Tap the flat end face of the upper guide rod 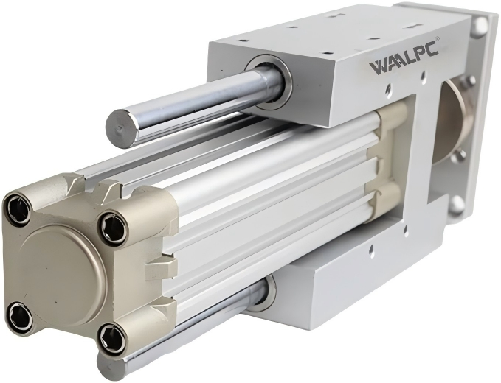pos(120,128)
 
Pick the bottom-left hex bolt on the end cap pos(19,317)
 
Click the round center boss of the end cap pos(61,277)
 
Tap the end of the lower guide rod pos(108,367)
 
